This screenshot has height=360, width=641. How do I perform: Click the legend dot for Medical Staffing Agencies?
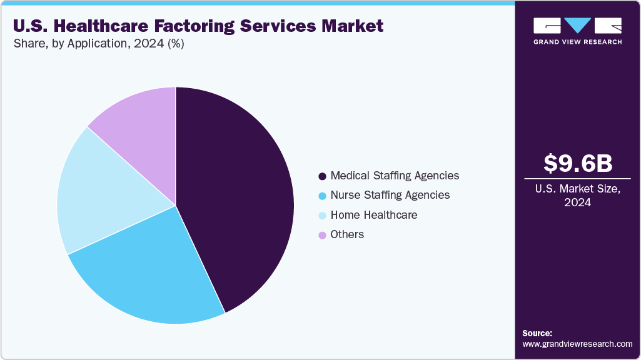click(322, 176)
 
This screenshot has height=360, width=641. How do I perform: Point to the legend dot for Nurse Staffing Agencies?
click(322, 196)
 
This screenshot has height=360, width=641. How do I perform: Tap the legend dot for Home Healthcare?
click(322, 216)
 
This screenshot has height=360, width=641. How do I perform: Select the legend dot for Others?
click(322, 235)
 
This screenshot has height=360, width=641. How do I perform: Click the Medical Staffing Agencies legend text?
click(395, 176)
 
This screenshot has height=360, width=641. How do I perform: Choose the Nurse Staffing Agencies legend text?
click(390, 195)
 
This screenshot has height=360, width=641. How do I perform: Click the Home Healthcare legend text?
click(373, 215)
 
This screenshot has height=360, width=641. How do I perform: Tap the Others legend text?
click(347, 234)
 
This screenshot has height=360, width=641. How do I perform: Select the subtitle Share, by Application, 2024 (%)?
click(98, 44)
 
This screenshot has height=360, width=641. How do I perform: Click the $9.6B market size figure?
click(577, 163)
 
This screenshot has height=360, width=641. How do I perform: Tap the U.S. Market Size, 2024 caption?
click(577, 194)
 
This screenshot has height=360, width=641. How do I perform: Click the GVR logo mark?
click(577, 26)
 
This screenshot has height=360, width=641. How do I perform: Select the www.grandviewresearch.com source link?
click(577, 344)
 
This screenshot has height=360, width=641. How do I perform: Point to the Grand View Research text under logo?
click(577, 42)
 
